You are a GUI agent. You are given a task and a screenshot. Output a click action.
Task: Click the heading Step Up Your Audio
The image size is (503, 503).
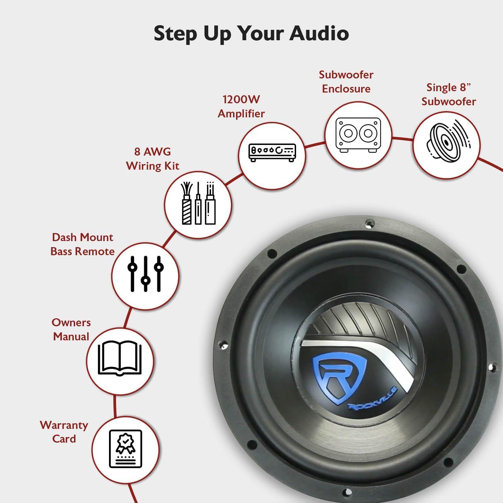point(251,33)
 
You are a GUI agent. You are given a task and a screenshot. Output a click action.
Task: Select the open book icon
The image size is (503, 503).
point(120,358)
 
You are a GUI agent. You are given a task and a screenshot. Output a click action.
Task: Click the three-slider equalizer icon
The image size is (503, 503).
point(146,274)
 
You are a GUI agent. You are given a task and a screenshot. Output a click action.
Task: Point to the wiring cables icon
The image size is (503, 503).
point(198,204)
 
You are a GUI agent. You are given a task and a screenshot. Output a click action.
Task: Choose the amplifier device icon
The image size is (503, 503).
point(272,153)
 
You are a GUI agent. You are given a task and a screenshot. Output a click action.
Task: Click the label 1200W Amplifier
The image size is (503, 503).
point(241,106)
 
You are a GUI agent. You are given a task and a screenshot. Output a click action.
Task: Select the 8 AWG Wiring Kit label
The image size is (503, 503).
point(153,159)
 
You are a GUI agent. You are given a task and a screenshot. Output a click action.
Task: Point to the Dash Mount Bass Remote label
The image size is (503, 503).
point(82,244)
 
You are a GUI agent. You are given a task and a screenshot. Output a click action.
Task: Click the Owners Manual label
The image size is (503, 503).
point(71,329)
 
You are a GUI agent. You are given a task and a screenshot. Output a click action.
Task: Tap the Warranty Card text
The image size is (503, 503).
point(64,432)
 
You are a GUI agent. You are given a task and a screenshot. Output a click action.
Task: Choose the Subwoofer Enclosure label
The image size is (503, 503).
point(346,81)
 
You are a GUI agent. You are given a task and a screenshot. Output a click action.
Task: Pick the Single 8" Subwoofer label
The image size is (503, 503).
point(449,94)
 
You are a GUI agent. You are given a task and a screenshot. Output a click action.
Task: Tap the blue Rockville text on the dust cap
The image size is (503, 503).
point(373,399)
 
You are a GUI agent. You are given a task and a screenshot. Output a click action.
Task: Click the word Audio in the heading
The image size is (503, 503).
point(319,33)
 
